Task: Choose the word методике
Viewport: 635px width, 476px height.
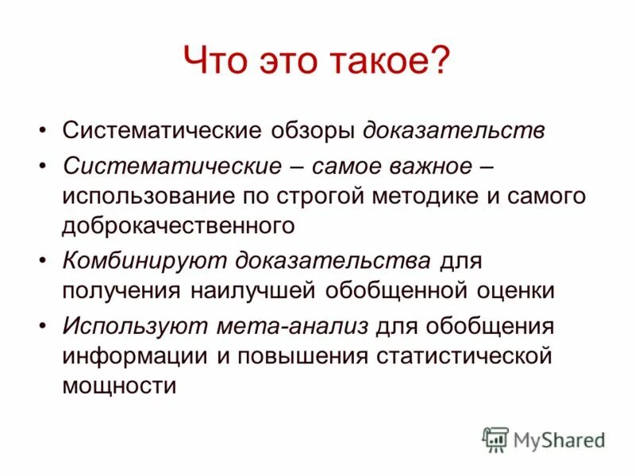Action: coord(430,196)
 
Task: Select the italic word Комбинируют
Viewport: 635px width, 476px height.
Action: coord(143,261)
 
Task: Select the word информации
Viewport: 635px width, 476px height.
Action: coord(128,355)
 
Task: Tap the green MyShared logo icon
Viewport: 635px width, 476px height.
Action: coord(495,439)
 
